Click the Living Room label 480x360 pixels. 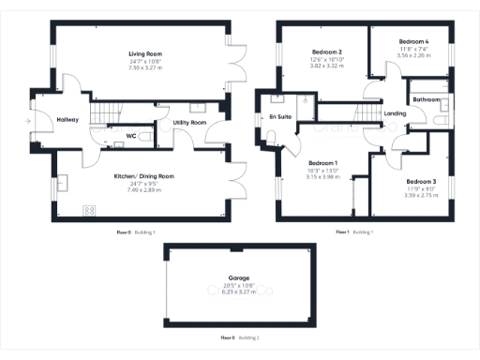pos(144,55)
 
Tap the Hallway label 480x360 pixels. pos(67,120)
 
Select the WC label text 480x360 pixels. pos(132,136)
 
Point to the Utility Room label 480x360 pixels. pos(190,123)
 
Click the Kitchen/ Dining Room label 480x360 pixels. pos(144,175)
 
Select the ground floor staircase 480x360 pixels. pos(108,112)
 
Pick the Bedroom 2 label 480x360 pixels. pos(325,52)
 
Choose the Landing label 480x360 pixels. pos(395,113)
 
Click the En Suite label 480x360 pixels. pos(278,116)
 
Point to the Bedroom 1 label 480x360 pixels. pos(322,163)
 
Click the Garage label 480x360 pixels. pos(239,278)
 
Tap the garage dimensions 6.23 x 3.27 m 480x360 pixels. pos(239,292)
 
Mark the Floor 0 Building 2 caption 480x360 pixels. pos(239,337)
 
